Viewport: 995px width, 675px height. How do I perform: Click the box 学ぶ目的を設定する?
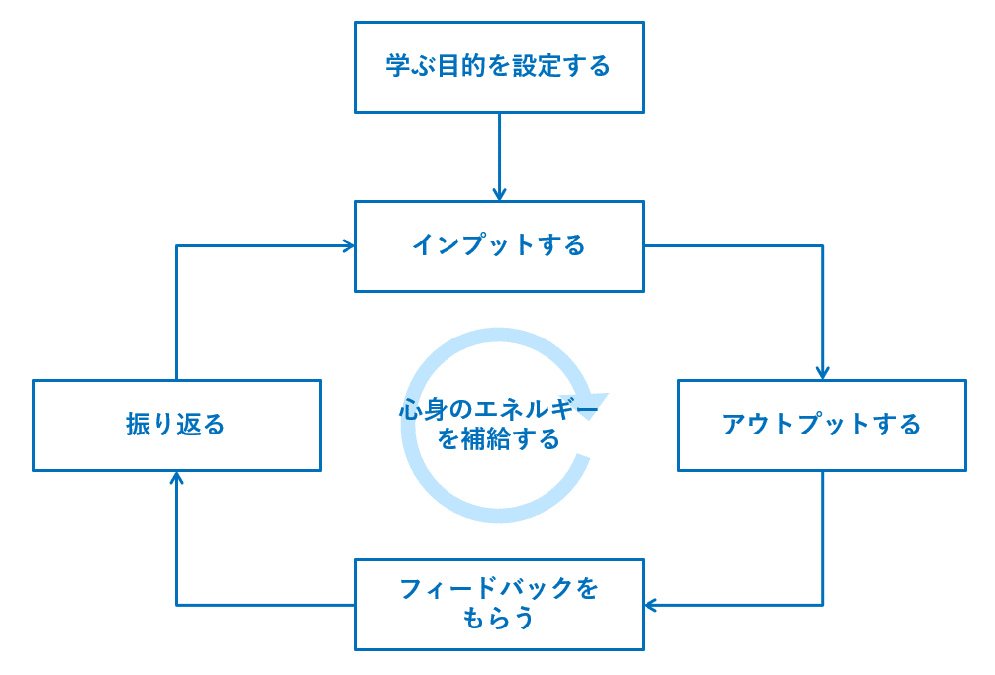tap(499, 67)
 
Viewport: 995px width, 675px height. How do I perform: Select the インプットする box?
tap(499, 246)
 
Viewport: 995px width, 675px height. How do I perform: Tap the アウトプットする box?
tap(822, 426)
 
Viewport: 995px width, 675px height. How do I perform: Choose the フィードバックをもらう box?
tap(499, 605)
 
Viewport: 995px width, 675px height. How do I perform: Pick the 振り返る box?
tap(176, 426)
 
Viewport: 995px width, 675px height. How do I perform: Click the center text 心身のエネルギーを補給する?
tap(499, 424)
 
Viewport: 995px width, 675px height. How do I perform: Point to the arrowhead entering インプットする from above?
tap(499, 195)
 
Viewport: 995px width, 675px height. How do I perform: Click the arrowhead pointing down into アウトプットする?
tap(822, 374)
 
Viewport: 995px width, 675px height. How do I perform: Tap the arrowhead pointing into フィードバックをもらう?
tap(650, 605)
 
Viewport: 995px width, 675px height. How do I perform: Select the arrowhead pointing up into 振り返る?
tap(176, 478)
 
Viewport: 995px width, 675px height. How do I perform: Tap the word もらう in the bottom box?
tap(499, 620)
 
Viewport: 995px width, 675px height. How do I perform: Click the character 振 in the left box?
tap(138, 426)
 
